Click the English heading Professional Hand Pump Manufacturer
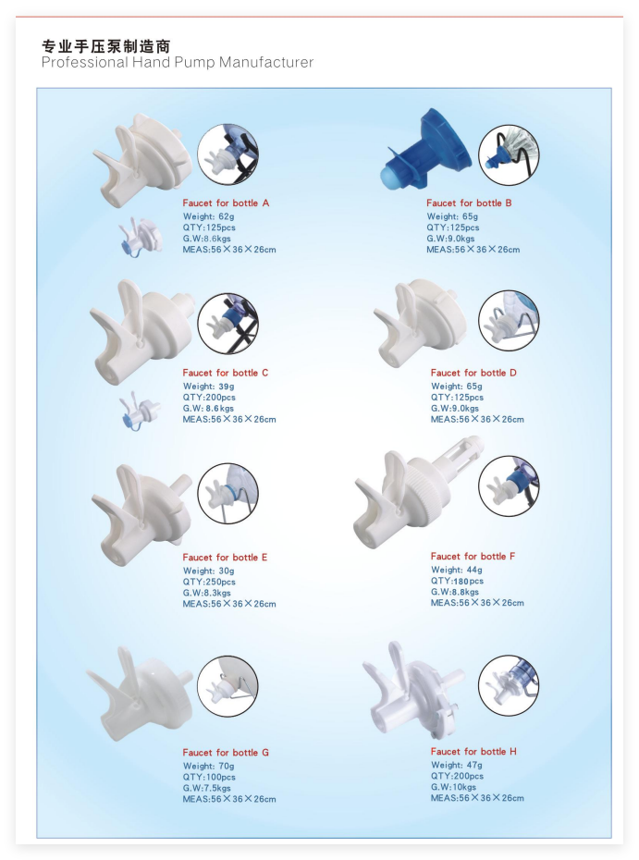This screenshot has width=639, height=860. click(x=178, y=63)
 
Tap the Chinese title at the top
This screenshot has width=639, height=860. click(x=105, y=45)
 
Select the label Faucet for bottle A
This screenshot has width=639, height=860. click(x=226, y=203)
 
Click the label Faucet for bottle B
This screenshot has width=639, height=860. click(x=469, y=203)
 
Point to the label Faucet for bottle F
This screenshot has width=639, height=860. click(x=473, y=556)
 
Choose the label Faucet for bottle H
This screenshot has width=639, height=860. click(x=473, y=752)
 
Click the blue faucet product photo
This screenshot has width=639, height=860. click(x=424, y=149)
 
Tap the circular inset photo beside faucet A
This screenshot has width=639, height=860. click(x=227, y=154)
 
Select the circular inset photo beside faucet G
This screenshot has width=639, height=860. click(x=227, y=686)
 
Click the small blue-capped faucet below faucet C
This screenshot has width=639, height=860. click(x=139, y=411)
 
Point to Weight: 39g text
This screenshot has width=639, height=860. click(x=208, y=387)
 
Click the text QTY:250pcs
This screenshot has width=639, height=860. click(x=209, y=582)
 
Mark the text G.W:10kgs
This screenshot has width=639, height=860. click(x=454, y=787)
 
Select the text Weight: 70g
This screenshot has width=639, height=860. click(x=208, y=767)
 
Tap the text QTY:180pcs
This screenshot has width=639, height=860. click(x=457, y=581)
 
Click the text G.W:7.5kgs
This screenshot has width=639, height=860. click(x=207, y=788)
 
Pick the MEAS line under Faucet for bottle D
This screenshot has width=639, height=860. click(x=477, y=420)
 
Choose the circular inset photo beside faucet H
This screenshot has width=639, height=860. click(x=509, y=685)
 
